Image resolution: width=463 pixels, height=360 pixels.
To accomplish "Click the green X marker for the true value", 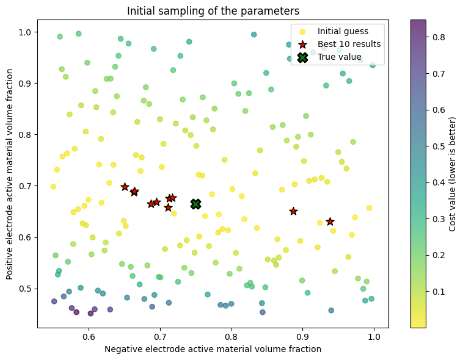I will [195, 204].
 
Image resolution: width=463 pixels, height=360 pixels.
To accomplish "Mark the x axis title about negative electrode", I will [213, 350].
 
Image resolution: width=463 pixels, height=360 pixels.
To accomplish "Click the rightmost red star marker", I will [330, 221].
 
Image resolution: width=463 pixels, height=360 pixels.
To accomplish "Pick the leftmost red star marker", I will [125, 187].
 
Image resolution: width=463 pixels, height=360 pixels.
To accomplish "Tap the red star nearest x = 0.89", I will [293, 211].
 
